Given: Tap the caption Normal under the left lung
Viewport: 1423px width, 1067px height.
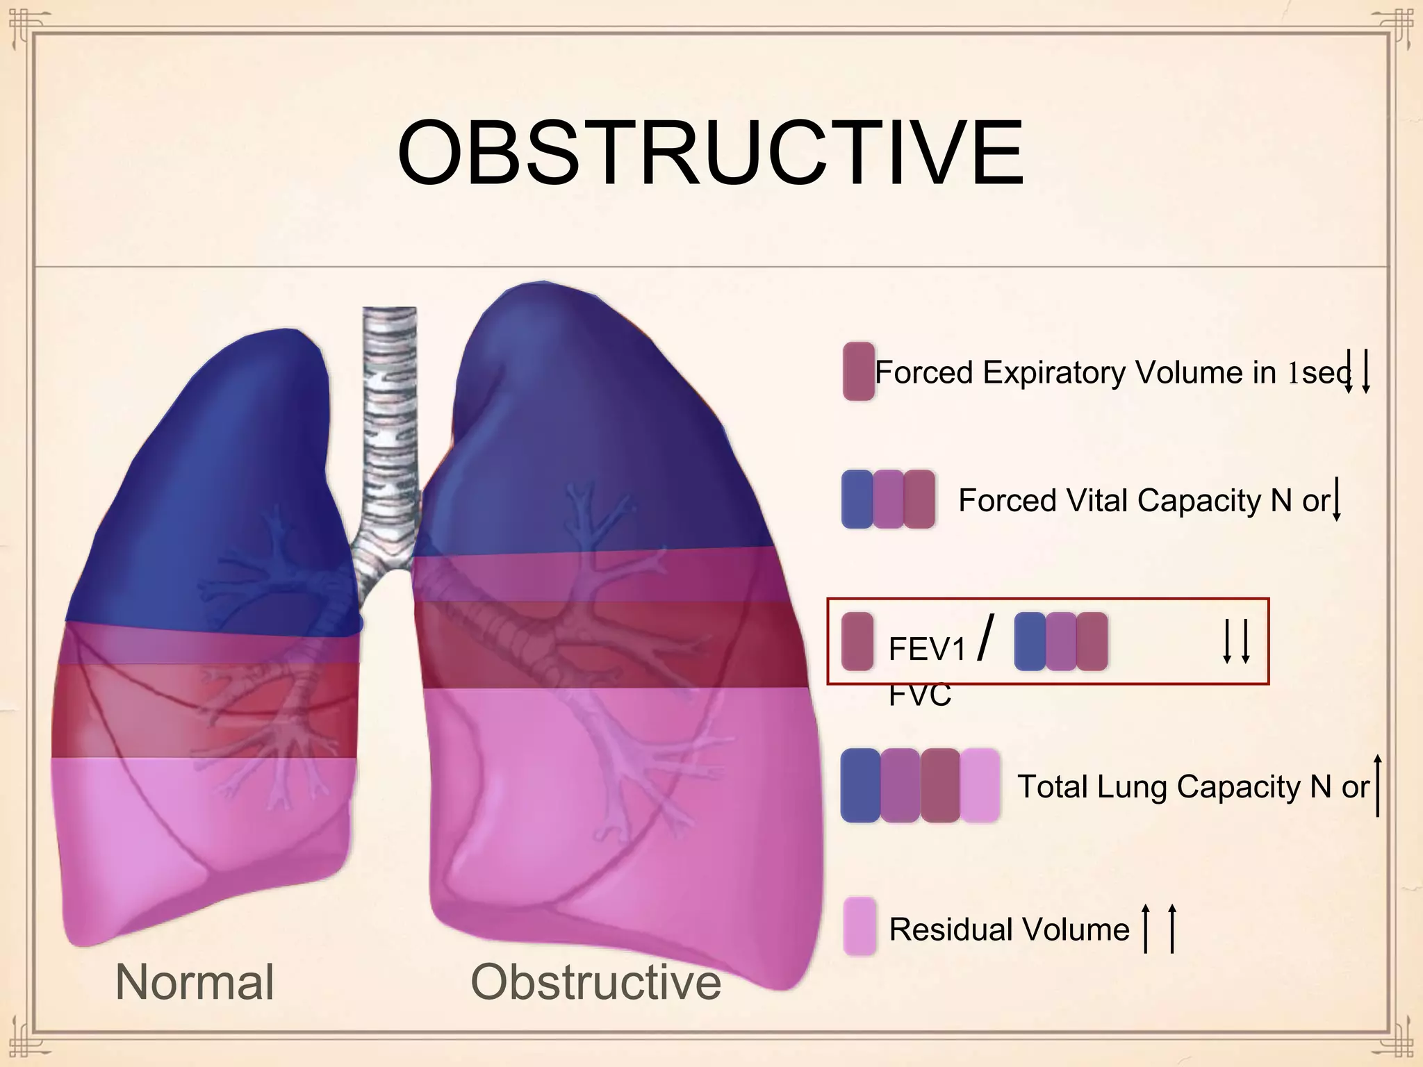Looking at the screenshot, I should click(x=195, y=982).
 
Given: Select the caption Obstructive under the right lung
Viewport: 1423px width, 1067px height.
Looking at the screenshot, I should click(x=595, y=982).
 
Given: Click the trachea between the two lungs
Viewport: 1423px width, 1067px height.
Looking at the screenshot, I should click(x=389, y=431).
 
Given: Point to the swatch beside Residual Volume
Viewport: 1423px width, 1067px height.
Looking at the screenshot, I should click(x=859, y=927).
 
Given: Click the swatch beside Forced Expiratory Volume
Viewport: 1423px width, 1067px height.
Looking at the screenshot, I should click(x=858, y=371).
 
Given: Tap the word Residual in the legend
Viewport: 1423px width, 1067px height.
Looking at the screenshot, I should click(x=939, y=929).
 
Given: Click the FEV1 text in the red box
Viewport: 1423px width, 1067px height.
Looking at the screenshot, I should click(x=927, y=650).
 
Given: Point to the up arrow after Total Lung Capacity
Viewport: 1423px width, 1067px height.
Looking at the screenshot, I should click(x=1378, y=785).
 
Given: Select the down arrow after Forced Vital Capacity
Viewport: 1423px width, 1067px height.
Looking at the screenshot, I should click(x=1336, y=499).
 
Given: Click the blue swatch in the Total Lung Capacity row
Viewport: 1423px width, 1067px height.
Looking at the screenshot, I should click(x=860, y=786).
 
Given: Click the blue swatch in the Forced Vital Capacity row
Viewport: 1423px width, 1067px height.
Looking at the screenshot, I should click(x=857, y=499).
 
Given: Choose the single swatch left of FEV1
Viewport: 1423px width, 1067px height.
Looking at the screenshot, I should click(x=857, y=640).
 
